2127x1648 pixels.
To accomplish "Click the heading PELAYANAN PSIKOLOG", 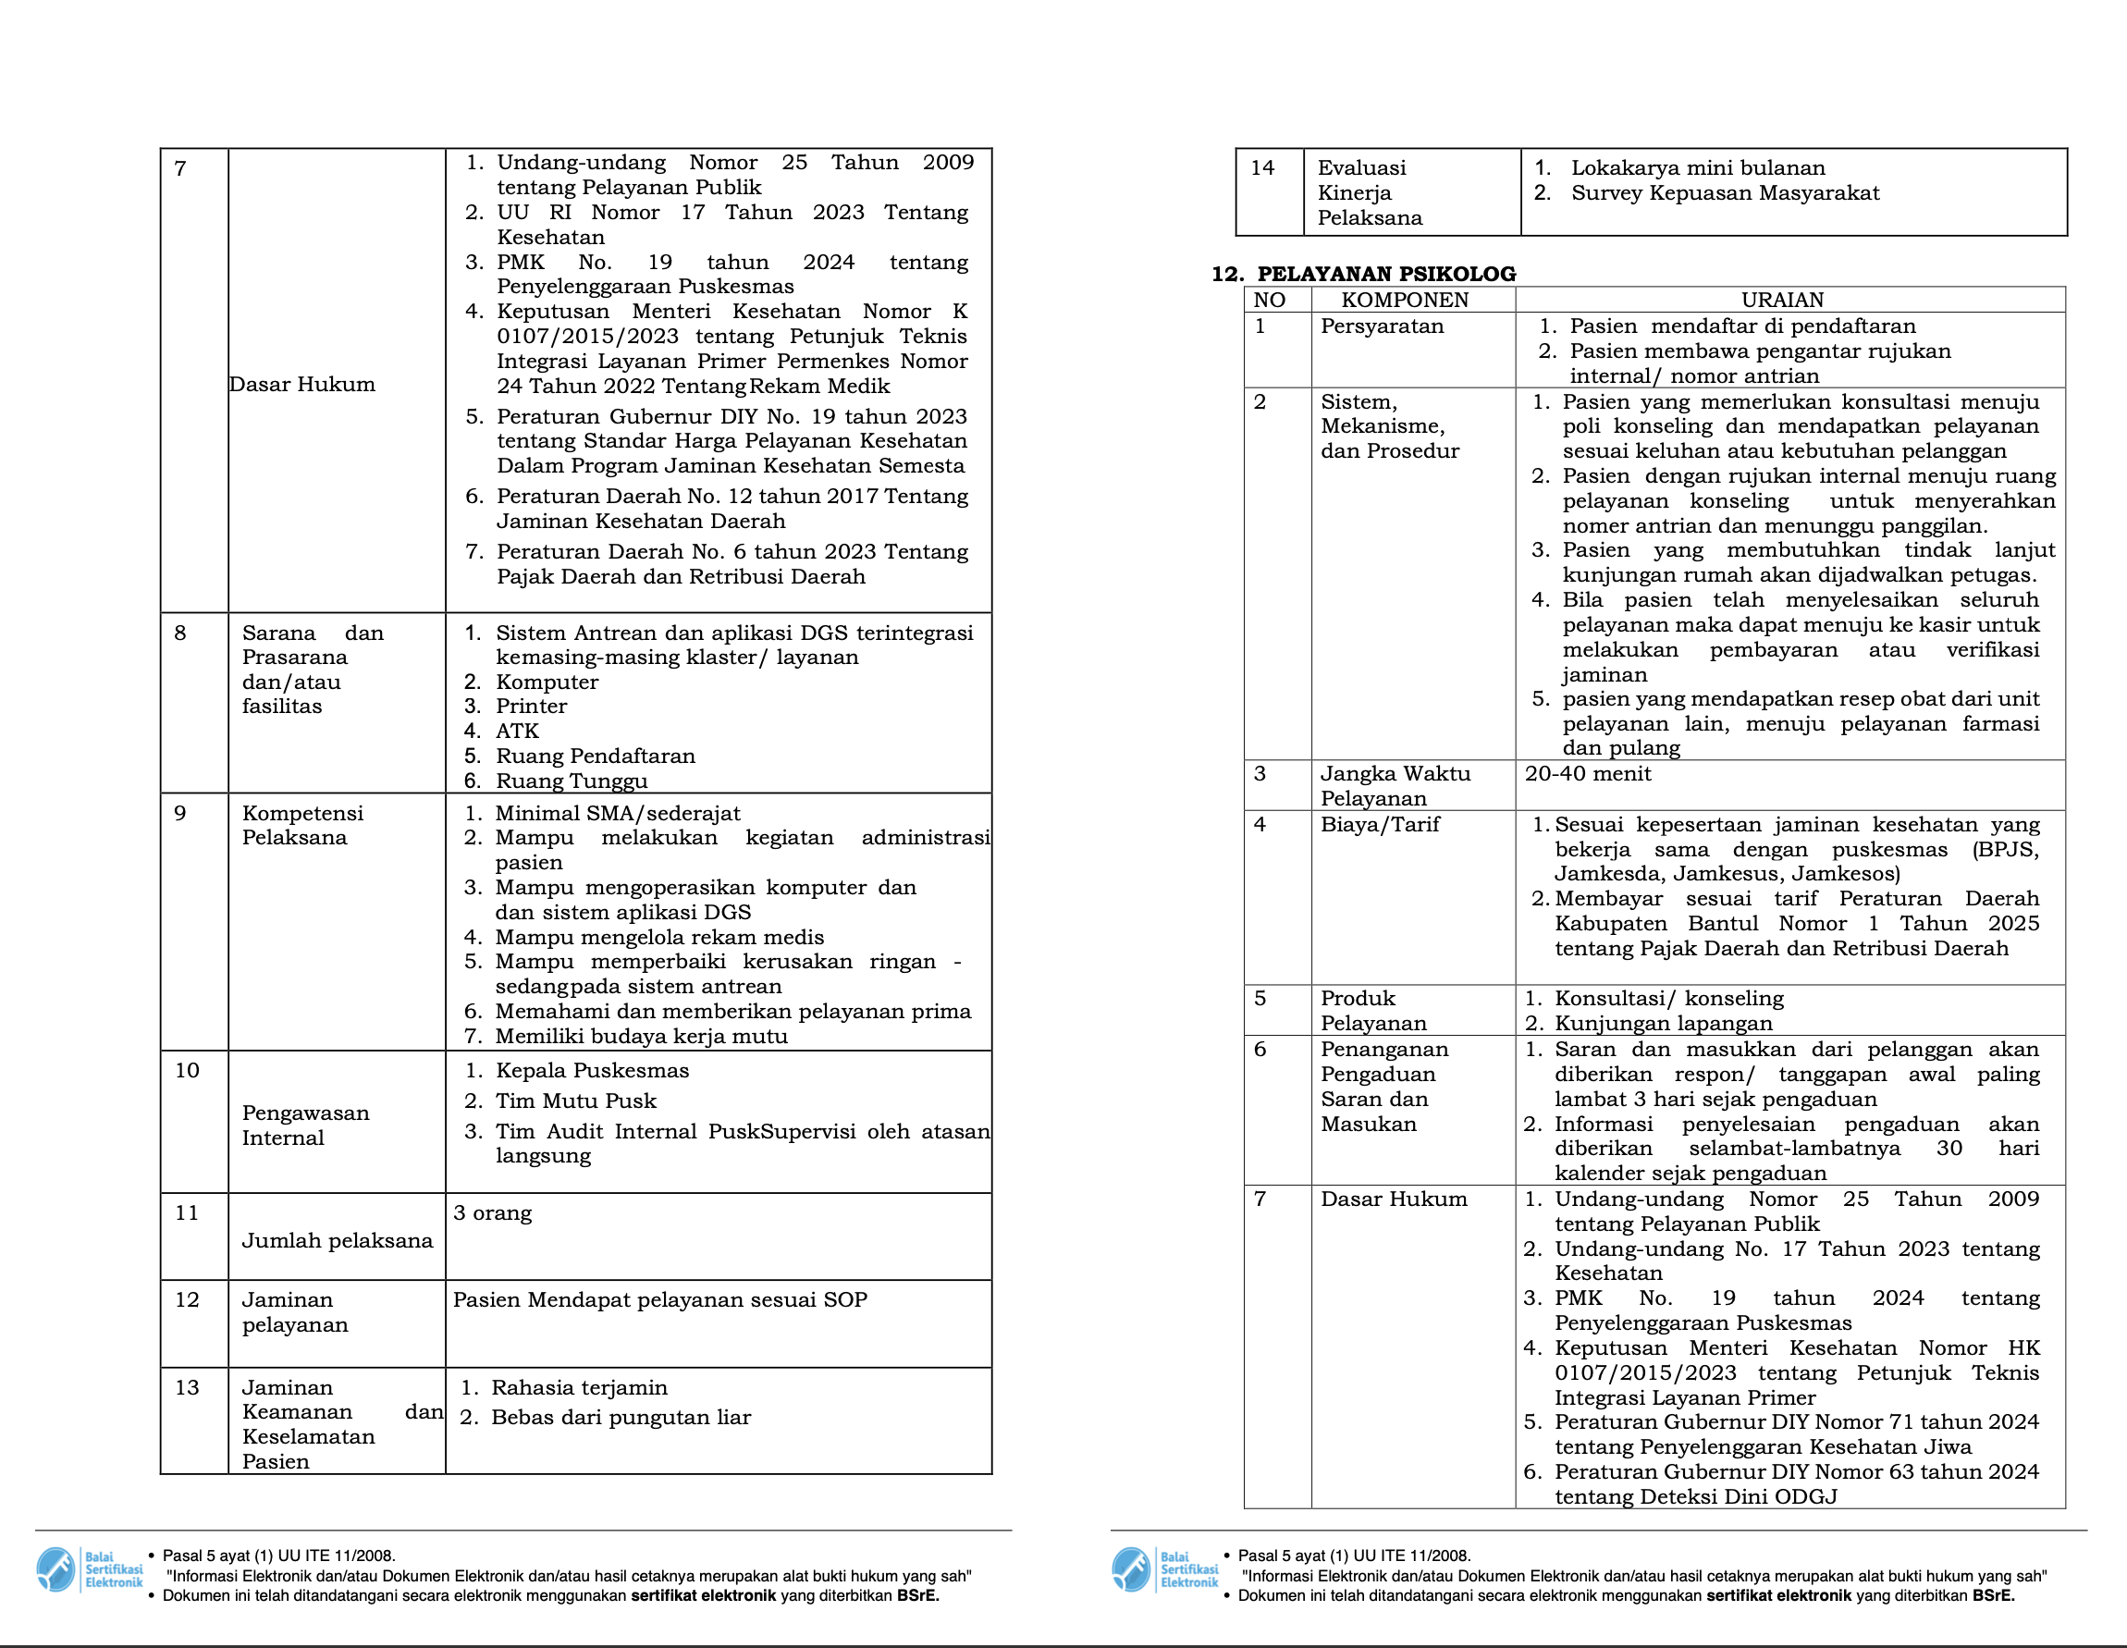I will click(x=1386, y=274).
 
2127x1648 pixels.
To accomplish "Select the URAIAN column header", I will click(x=1782, y=300).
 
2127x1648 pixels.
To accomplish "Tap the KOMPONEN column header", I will click(x=1405, y=300).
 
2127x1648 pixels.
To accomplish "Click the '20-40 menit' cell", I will click(x=1588, y=774).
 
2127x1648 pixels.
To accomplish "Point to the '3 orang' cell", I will click(x=493, y=1213).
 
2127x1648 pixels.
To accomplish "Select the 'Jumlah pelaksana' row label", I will click(x=337, y=1241).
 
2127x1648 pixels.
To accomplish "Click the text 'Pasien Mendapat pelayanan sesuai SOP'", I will click(x=659, y=1300).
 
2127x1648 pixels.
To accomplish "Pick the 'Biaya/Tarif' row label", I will click(x=1379, y=825).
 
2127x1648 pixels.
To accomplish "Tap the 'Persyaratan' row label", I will click(x=1381, y=326).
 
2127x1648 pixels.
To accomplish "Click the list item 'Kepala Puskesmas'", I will click(x=592, y=1070).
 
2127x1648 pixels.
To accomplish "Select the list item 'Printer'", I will click(x=531, y=707).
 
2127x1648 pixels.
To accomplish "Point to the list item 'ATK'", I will click(x=517, y=732).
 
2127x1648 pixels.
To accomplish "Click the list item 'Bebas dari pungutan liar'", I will click(x=621, y=1417).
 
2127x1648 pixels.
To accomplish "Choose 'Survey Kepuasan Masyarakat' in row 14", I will click(x=1725, y=193).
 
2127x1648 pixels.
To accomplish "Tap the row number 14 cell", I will click(x=1262, y=168).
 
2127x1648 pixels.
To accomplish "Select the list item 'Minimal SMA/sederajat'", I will click(x=618, y=813).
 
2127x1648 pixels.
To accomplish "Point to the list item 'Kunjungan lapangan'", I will click(x=1663, y=1024).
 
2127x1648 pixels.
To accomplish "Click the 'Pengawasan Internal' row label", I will click(x=306, y=1125).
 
